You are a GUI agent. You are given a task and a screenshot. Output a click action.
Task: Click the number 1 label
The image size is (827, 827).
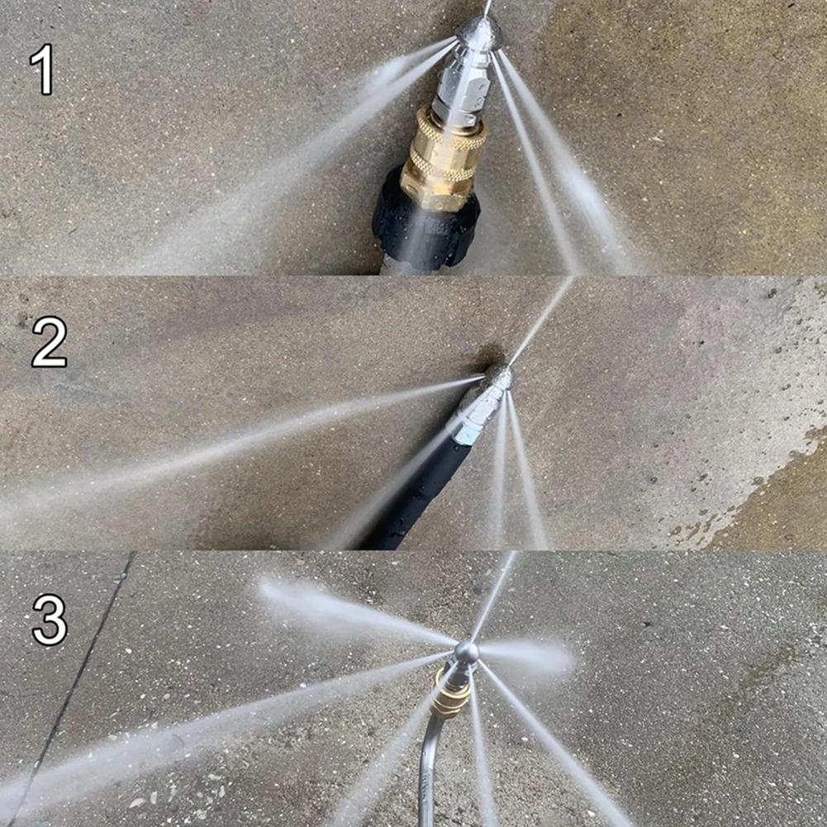click(x=42, y=70)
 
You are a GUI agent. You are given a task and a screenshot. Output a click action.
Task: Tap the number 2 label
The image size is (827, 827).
click(x=49, y=343)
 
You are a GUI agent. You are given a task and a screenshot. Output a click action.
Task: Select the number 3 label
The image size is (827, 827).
click(x=50, y=620)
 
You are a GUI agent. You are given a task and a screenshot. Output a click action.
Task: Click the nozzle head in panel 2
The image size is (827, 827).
click(x=498, y=378)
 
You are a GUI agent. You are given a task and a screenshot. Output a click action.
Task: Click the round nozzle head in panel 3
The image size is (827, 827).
click(x=466, y=652)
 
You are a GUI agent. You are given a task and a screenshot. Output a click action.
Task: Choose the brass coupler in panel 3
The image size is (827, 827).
click(x=450, y=694)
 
